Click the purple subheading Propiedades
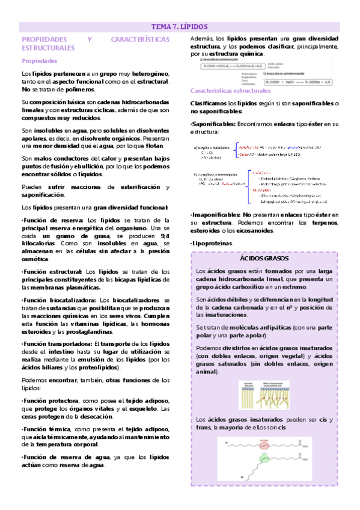[x=40, y=61]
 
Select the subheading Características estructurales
[x=230, y=91]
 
